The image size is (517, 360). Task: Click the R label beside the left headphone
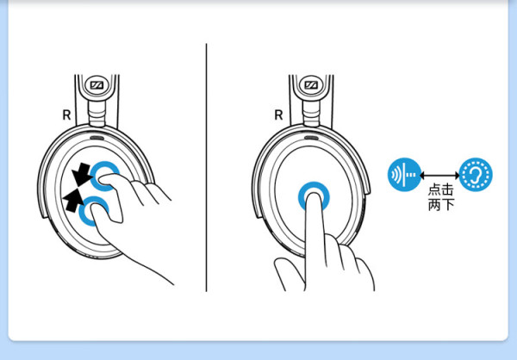tap(66, 115)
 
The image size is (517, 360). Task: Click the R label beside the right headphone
tap(278, 115)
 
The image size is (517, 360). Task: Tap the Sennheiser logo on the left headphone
tap(97, 85)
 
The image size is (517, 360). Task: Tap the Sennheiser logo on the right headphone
tap(311, 85)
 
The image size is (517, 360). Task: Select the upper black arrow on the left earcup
tap(81, 175)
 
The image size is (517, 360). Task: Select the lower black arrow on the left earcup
tap(73, 200)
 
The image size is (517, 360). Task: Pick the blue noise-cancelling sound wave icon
tap(405, 175)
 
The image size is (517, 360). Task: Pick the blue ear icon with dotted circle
tap(476, 175)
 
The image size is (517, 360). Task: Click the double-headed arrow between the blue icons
tap(439, 175)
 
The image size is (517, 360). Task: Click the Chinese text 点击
tap(441, 189)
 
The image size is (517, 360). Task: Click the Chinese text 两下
tap(441, 205)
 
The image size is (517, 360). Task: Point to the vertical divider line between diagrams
tap(207, 167)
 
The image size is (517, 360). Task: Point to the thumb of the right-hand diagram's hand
tap(286, 272)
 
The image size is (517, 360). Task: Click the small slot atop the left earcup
tap(97, 138)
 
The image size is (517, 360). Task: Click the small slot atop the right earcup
tap(310, 138)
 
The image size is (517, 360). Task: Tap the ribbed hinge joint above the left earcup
tap(97, 114)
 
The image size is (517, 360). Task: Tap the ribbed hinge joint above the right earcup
tap(311, 114)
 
